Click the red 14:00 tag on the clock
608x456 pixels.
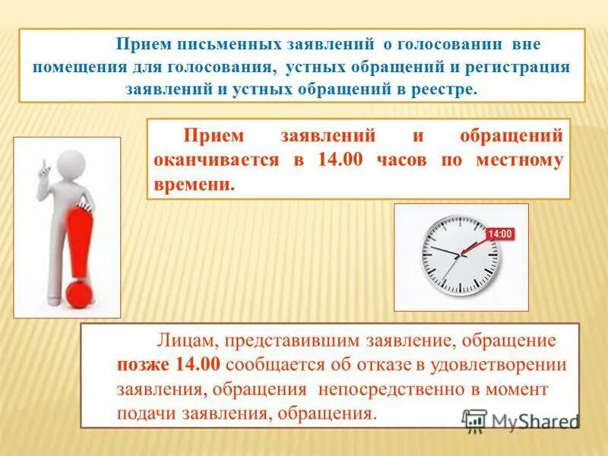pyautogui.click(x=499, y=234)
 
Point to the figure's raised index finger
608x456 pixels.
pyautogui.click(x=45, y=162)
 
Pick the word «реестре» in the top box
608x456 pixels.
pyautogui.click(x=446, y=89)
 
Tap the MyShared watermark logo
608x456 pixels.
pyautogui.click(x=521, y=421)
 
